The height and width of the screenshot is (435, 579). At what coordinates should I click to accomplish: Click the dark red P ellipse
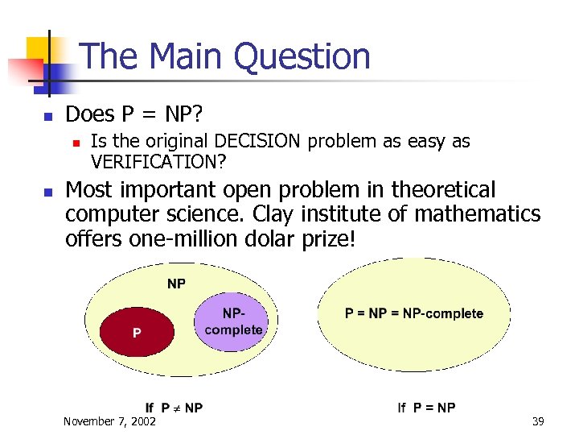coord(136,331)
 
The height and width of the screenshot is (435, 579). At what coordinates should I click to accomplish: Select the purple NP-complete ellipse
coord(233,321)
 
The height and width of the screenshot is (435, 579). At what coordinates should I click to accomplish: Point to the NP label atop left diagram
coord(176,283)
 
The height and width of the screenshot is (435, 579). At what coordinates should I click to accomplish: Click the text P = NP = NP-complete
coord(414,313)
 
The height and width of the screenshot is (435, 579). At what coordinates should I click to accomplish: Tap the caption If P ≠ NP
coord(174,408)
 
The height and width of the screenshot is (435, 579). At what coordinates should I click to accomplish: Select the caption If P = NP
coord(426,408)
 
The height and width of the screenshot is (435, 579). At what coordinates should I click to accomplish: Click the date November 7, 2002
coord(110,420)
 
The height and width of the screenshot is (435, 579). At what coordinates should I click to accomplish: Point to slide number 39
coord(538,420)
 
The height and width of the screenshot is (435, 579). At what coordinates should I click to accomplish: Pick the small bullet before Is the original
coord(75,143)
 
